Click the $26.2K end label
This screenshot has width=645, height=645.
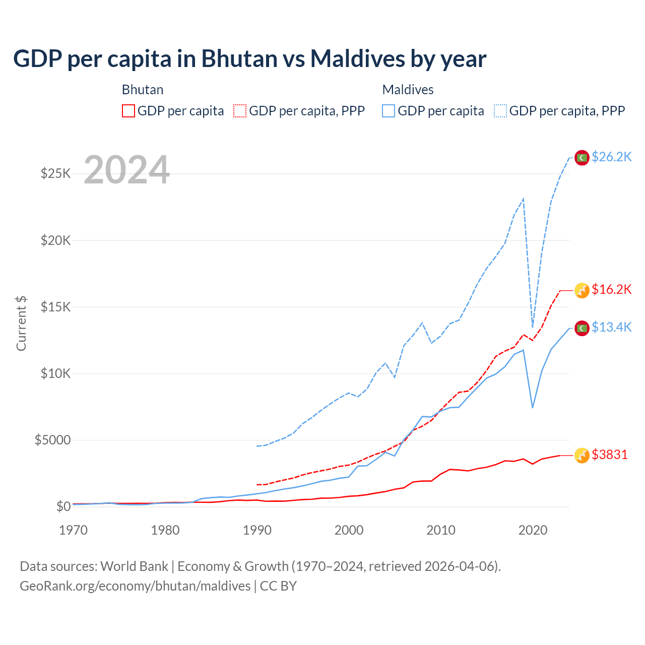click(611, 157)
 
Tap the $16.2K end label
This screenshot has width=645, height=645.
click(611, 290)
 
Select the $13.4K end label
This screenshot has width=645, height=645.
click(611, 328)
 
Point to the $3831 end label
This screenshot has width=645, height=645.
click(610, 455)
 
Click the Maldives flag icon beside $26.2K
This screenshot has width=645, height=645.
click(582, 158)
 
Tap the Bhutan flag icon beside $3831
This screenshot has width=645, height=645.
click(582, 456)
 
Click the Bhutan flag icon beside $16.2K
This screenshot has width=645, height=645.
click(582, 290)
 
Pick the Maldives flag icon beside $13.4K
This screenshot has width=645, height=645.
click(582, 328)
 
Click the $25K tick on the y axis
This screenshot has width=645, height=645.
click(56, 174)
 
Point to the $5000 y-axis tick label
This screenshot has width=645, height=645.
click(52, 440)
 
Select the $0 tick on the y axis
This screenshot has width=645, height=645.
click(63, 507)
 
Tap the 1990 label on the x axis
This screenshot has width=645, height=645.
click(257, 530)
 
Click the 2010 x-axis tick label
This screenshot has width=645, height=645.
click(441, 530)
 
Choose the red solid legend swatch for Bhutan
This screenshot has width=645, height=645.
click(128, 111)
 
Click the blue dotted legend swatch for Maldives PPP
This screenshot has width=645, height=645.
click(500, 111)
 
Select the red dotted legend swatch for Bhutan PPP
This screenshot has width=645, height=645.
click(240, 111)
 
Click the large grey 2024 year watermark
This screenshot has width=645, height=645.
click(126, 170)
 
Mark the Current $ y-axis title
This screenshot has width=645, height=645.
click(21, 324)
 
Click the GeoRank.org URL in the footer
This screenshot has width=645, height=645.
click(135, 586)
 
